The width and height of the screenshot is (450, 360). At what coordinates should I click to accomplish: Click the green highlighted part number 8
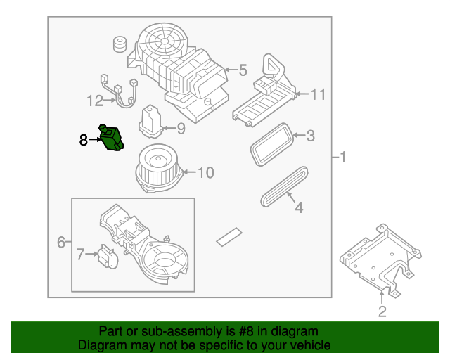click(112, 137)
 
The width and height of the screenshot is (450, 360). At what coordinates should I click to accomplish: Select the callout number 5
click(243, 70)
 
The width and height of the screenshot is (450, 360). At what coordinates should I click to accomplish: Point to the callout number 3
click(310, 136)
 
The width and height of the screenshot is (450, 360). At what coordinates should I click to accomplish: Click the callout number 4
click(298, 207)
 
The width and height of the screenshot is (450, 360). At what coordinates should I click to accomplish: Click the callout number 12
click(95, 101)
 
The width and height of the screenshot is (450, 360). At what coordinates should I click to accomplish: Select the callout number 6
click(61, 243)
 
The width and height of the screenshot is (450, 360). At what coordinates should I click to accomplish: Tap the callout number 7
click(80, 255)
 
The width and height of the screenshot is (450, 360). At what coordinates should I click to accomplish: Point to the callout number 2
click(382, 311)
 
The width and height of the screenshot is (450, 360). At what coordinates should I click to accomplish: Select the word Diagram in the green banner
click(102, 345)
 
